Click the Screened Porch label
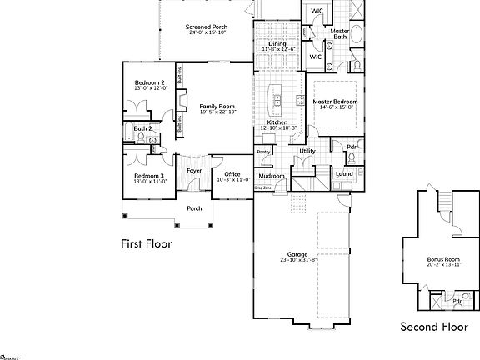207,27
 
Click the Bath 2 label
142,128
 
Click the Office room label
232,174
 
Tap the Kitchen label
277,122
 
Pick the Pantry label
264,152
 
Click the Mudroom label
272,177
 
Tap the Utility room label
307,151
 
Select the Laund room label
344,174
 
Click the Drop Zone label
262,188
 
